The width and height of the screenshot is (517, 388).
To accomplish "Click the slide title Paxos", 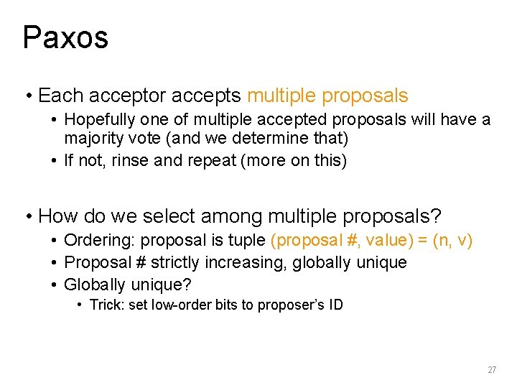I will pos(65,37).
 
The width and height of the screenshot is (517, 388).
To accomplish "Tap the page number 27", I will pos(492,370).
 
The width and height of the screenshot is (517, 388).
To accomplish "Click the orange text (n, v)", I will pos(454,241).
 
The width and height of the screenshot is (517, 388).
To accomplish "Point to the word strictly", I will pos(162,263).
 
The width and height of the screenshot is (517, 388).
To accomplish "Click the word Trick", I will pos(107,305).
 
